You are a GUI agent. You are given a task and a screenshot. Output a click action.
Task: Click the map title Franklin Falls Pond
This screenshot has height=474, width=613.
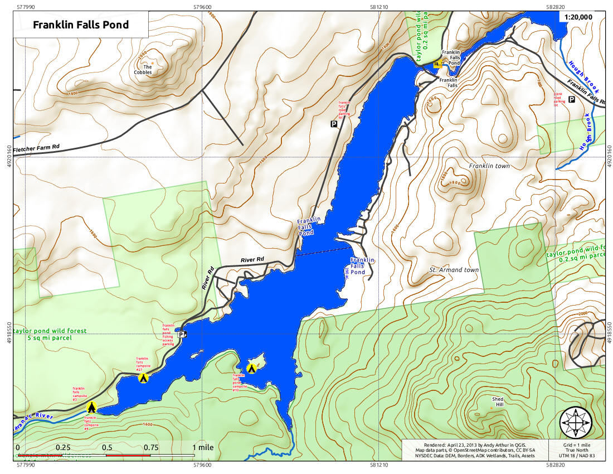(81, 25)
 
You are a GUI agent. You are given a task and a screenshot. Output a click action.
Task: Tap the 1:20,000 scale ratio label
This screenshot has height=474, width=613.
(578, 17)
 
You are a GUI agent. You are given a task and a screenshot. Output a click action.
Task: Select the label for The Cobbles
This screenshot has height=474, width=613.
(143, 69)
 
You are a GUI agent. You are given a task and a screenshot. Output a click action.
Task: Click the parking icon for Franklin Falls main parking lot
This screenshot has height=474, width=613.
(334, 124)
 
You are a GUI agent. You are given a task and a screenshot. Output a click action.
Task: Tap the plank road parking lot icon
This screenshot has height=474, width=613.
(571, 99)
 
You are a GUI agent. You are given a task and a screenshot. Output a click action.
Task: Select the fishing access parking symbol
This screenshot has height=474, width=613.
(181, 334)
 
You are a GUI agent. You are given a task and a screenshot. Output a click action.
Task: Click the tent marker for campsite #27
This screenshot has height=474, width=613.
(143, 378)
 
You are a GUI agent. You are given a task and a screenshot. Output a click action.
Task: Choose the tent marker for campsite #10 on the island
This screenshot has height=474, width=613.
(251, 368)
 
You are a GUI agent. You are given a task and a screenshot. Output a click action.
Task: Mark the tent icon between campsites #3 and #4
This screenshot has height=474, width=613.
(92, 408)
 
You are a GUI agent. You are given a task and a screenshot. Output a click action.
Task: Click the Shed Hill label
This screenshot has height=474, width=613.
(498, 402)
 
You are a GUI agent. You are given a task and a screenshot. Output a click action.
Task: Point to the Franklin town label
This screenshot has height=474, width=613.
(489, 166)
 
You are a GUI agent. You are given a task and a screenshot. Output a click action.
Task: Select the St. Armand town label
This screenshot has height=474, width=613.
(454, 270)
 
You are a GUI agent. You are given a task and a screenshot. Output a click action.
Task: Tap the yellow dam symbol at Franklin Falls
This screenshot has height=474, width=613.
(437, 65)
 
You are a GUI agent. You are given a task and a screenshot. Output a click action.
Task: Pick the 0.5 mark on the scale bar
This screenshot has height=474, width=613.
(106, 447)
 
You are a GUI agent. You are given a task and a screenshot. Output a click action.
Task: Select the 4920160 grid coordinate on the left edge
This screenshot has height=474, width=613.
(7, 157)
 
